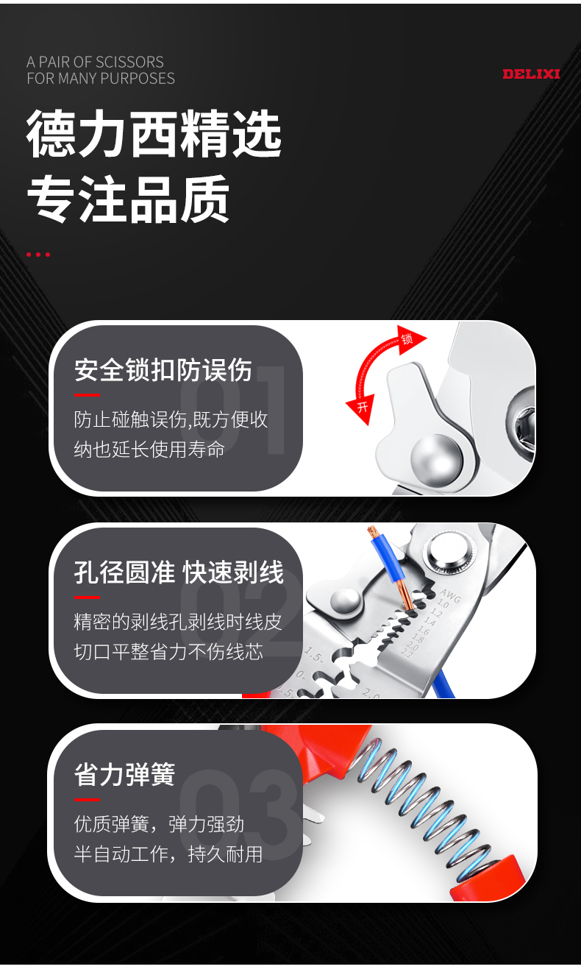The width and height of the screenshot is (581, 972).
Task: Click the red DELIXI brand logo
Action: [x=531, y=74]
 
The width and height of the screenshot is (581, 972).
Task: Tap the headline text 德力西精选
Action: [x=154, y=134]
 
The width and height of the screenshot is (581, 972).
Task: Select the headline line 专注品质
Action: [x=128, y=199]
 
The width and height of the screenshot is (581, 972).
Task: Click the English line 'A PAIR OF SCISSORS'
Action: [x=95, y=62]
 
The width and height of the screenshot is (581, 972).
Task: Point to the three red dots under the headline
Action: [x=38, y=255]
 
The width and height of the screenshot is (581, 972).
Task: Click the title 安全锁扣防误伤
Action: [x=163, y=370]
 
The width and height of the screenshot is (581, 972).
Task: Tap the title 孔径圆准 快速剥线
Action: [x=179, y=572]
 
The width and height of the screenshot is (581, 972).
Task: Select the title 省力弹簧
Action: [x=124, y=775]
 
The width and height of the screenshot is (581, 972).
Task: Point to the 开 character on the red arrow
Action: [x=363, y=407]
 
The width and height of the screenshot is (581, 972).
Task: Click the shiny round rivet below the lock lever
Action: [x=435, y=456]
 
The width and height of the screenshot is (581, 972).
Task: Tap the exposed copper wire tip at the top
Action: [x=371, y=531]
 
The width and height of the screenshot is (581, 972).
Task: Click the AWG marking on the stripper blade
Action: [x=451, y=596]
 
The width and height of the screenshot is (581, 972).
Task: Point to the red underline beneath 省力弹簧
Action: [x=87, y=799]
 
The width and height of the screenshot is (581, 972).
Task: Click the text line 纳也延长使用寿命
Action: [x=149, y=449]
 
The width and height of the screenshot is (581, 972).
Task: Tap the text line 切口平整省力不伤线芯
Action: [x=168, y=651]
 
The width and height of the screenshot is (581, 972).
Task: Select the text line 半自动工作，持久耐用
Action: [x=168, y=854]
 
